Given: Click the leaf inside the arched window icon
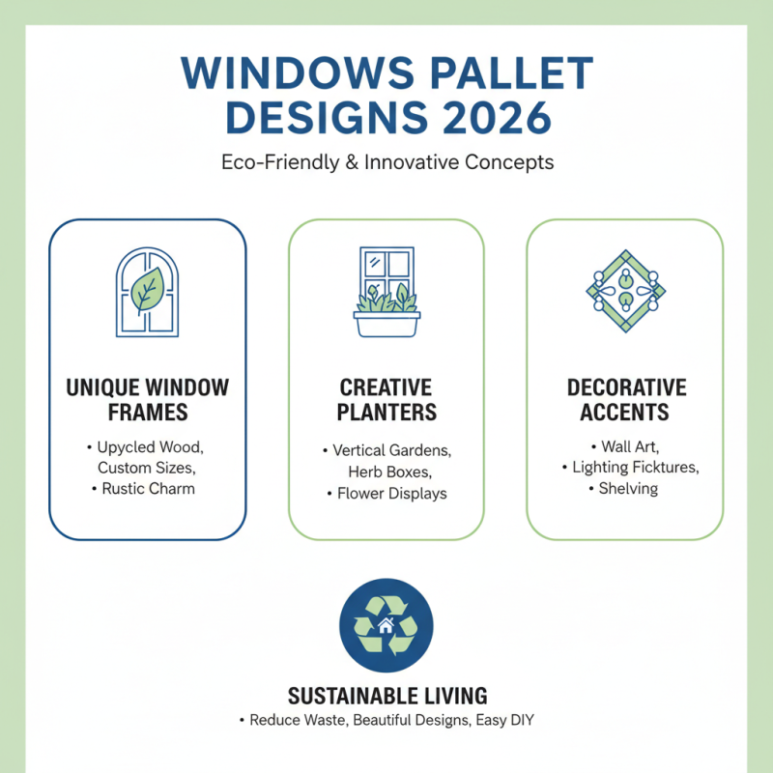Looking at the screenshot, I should click(147, 289).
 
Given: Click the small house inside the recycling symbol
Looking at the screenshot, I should click(386, 624).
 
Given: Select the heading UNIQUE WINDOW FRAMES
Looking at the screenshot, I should click(148, 400).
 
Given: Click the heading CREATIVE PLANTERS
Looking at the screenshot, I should click(386, 400).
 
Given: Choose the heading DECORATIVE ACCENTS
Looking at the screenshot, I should click(626, 400).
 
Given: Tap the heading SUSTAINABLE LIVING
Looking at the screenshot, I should click(386, 696).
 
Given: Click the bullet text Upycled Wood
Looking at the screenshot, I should click(151, 447).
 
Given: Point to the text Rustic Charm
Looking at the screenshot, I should click(149, 489).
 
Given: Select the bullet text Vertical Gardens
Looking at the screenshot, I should click(391, 450).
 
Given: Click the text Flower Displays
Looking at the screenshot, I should click(391, 493).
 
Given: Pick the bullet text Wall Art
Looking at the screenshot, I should click(630, 446).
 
